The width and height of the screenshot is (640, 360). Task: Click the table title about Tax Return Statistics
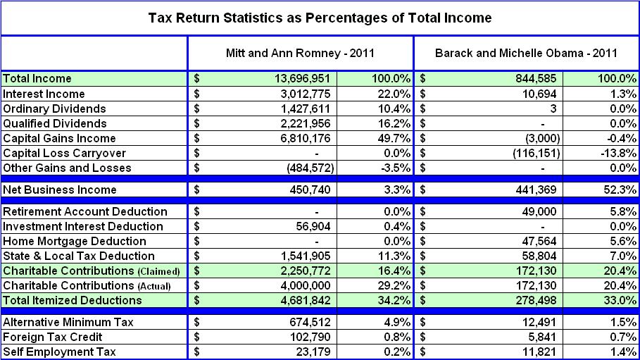click(320, 18)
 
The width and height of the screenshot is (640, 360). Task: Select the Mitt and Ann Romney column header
click(299, 53)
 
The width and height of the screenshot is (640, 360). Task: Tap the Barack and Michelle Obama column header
click(526, 53)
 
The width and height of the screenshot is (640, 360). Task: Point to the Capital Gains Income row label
click(59, 138)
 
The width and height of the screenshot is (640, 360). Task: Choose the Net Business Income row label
click(59, 190)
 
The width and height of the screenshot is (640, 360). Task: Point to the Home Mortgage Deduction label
click(74, 241)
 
